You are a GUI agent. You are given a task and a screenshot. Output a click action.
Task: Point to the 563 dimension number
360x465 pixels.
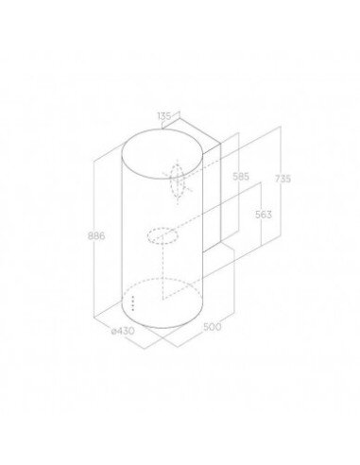click(264, 215)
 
